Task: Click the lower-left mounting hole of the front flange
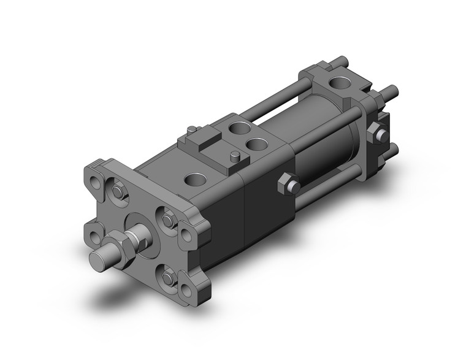click(x=93, y=234)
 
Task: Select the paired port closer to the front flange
click(x=236, y=131)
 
